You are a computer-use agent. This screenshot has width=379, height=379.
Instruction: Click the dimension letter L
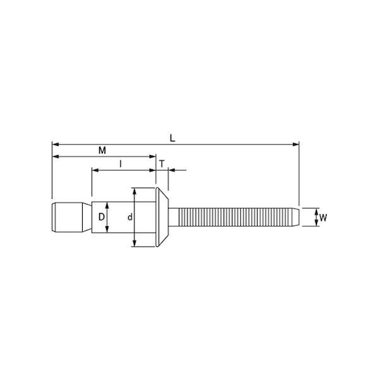172,138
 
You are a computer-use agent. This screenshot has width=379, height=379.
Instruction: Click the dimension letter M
102,150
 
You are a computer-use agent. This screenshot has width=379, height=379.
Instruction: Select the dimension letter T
162,164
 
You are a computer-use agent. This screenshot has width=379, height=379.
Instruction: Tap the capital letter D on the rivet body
102,217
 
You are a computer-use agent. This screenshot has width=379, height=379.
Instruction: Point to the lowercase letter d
130,217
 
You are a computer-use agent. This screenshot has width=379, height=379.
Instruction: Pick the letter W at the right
323,218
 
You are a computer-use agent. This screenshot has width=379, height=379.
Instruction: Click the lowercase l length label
121,164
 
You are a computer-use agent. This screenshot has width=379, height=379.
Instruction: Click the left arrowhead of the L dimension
56,145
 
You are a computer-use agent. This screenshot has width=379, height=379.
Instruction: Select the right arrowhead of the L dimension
296,145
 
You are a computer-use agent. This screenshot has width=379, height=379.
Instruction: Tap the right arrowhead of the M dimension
153,157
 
